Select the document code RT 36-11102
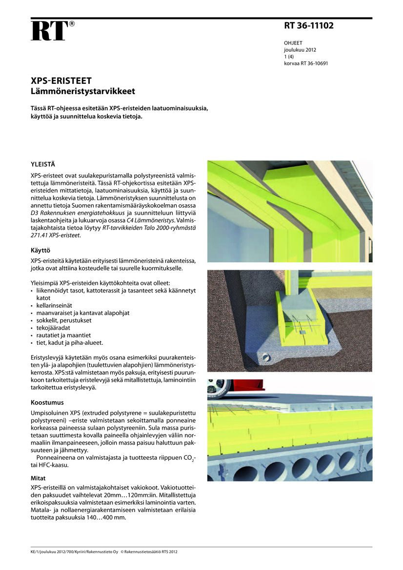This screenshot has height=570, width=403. [x=308, y=26]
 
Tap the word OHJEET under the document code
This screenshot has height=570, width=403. [x=293, y=43]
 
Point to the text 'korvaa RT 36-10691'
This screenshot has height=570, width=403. [x=306, y=63]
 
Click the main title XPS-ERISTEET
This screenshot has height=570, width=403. [x=61, y=81]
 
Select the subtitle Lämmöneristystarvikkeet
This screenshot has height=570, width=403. [x=83, y=91]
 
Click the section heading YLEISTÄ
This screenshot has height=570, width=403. [x=42, y=164]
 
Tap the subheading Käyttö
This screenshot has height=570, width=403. [x=40, y=250]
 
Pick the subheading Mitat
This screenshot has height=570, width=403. [x=38, y=478]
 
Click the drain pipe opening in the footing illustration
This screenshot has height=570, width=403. [x=266, y=357]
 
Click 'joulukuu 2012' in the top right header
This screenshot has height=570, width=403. [x=300, y=50]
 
